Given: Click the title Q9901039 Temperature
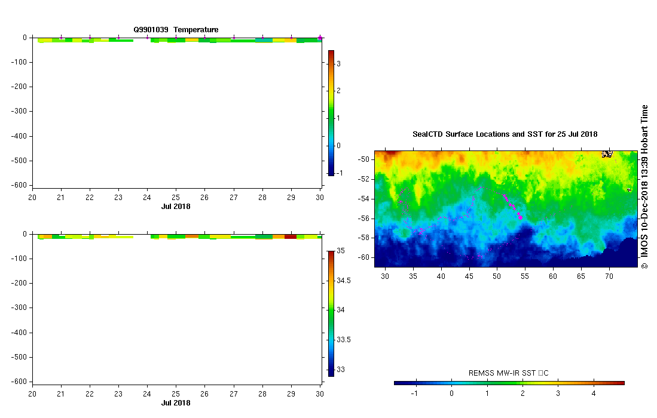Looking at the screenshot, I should coord(176,29).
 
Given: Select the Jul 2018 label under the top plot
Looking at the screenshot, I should coord(176,207).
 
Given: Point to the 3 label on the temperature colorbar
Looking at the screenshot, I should coord(338,63).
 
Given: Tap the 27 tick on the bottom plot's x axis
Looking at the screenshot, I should coord(233,394).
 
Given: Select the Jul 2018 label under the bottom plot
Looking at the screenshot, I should coord(176,403).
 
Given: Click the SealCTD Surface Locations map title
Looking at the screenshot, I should coord(505,134).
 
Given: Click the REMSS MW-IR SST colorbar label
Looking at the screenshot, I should coord(509,374).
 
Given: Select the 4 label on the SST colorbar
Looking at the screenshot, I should coord(594,394).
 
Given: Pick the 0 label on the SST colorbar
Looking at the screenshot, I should coord(451,394).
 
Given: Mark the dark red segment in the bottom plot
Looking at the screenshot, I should coord(291,236).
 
